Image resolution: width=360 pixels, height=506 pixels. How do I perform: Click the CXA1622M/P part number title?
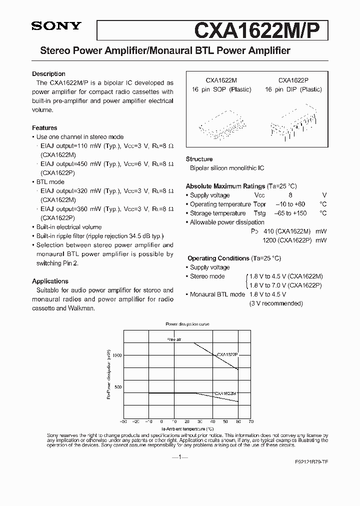(260, 30)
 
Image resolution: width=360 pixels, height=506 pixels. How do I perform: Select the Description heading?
(48, 73)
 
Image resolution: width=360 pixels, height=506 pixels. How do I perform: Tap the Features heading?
(44, 127)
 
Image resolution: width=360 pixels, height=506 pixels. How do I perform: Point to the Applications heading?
(50, 281)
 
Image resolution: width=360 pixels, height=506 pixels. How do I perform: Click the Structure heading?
(199, 159)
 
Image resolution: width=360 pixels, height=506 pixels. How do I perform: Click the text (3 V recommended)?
(276, 303)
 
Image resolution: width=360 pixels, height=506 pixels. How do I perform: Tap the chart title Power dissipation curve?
(187, 324)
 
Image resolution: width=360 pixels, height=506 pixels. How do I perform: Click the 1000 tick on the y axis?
(116, 355)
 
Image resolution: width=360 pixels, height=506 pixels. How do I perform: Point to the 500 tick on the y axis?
(117, 387)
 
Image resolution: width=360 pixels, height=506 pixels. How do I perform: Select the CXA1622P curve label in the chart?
(227, 354)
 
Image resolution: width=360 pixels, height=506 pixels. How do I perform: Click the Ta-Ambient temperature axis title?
(187, 428)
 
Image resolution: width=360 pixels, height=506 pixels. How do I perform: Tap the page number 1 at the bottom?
(180, 457)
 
